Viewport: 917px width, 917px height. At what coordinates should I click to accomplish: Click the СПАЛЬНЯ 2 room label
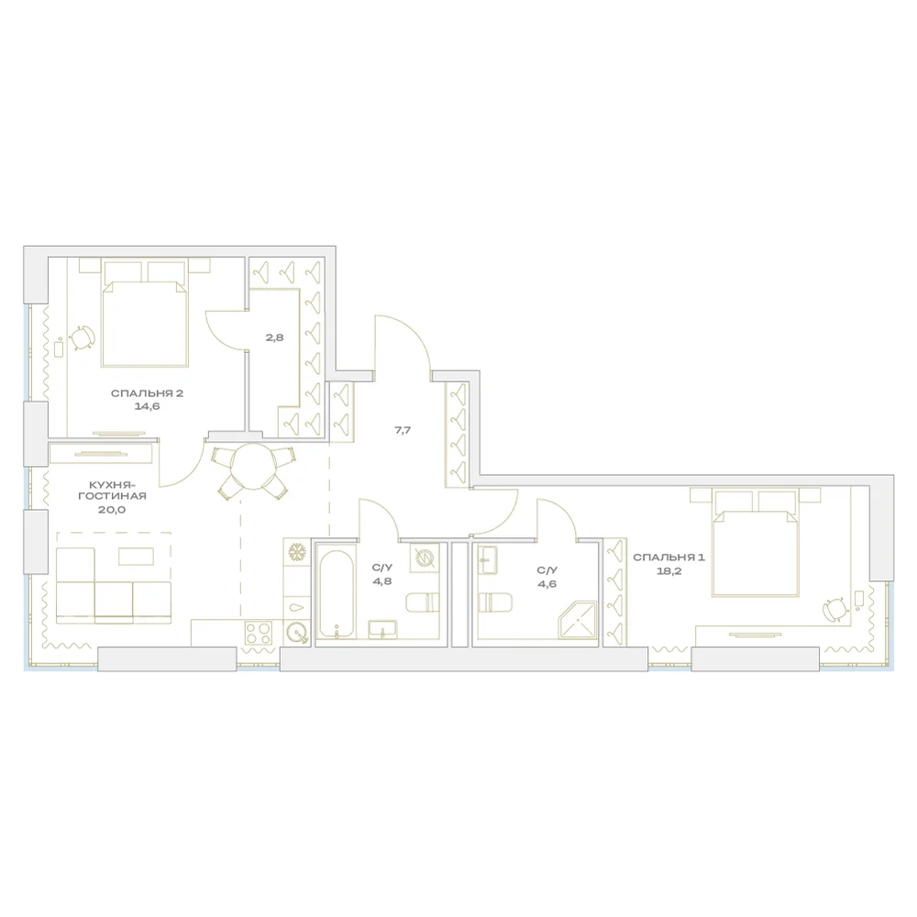coord(147,393)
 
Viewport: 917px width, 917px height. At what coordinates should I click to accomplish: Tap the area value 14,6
coord(147,406)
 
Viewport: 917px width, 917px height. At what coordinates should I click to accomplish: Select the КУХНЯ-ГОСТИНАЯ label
coord(112,490)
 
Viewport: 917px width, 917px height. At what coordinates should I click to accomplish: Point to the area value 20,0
coord(112,510)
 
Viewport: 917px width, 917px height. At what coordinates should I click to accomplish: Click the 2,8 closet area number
coord(274,337)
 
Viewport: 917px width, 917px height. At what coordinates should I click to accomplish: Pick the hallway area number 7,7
coord(403,430)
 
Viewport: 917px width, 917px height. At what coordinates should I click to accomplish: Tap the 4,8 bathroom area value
coord(381,581)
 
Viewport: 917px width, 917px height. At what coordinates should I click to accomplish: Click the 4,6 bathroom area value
coord(547,583)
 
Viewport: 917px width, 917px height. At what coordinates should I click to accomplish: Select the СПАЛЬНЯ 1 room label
coord(668,558)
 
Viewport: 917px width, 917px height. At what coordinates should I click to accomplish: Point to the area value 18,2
coord(668,571)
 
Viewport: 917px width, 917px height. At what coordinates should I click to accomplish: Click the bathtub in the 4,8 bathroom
coord(337,594)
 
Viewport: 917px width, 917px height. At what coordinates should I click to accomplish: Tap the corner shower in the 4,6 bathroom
coord(578,620)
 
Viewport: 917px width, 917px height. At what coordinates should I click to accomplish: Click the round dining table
coord(253,466)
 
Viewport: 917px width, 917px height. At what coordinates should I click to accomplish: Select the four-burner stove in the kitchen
coord(259,632)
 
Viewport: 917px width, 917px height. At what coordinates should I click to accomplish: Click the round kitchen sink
coord(297,632)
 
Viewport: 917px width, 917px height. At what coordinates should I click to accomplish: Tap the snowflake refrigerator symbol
coord(297,551)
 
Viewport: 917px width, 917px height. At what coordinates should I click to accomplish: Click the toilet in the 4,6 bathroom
coord(495,602)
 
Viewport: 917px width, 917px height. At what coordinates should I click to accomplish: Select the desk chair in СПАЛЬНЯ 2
coord(83,337)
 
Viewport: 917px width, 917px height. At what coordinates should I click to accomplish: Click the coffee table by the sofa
coord(137,557)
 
